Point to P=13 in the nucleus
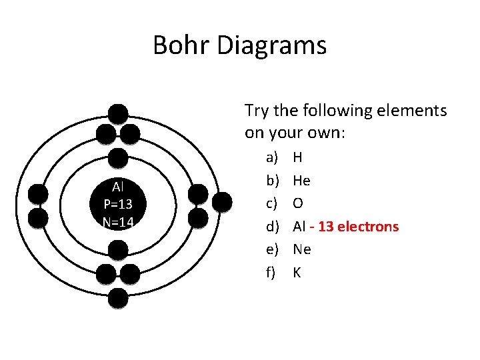pos(118,204)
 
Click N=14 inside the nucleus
pos(118,221)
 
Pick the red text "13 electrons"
pos(359,227)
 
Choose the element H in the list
pos(297,158)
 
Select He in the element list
pos(301,181)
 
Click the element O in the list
pos(298,203)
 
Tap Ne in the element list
pos(302,249)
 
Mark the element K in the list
pos(297,272)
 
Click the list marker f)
pos(272,272)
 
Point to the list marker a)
pos(272,158)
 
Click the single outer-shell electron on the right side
pos(222,201)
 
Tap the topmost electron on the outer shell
pos(118,114)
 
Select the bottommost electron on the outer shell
pos(118,299)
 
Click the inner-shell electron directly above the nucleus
pos(118,157)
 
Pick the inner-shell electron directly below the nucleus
pos(118,251)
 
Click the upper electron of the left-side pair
pos(39,194)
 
